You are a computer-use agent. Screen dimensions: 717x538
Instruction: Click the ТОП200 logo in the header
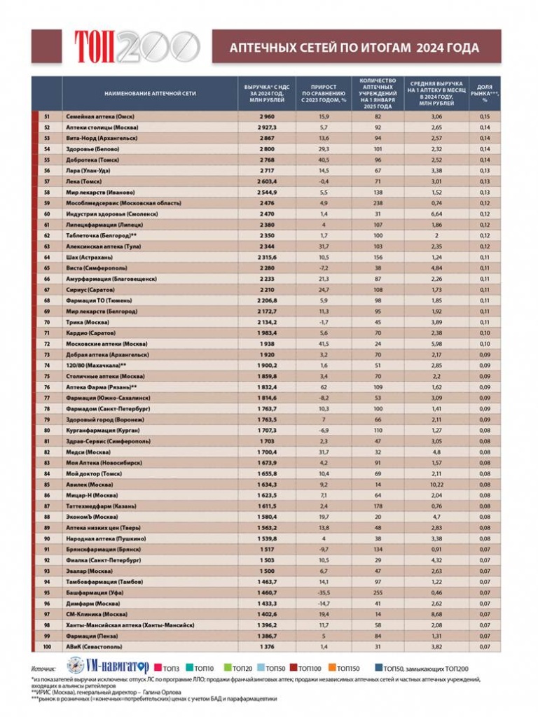click(x=136, y=46)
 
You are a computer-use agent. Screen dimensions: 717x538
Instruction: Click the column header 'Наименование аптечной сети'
click(x=150, y=92)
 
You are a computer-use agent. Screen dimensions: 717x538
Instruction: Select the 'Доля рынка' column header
click(x=484, y=92)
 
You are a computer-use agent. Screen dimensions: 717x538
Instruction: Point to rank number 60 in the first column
click(x=47, y=213)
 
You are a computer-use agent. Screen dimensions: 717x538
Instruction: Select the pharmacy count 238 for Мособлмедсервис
click(x=378, y=202)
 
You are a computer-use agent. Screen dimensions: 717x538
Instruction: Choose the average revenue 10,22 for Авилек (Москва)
click(x=436, y=483)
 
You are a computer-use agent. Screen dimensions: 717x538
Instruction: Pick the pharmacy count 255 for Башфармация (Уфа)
click(x=378, y=592)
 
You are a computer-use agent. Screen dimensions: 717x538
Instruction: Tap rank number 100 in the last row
click(x=47, y=646)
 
